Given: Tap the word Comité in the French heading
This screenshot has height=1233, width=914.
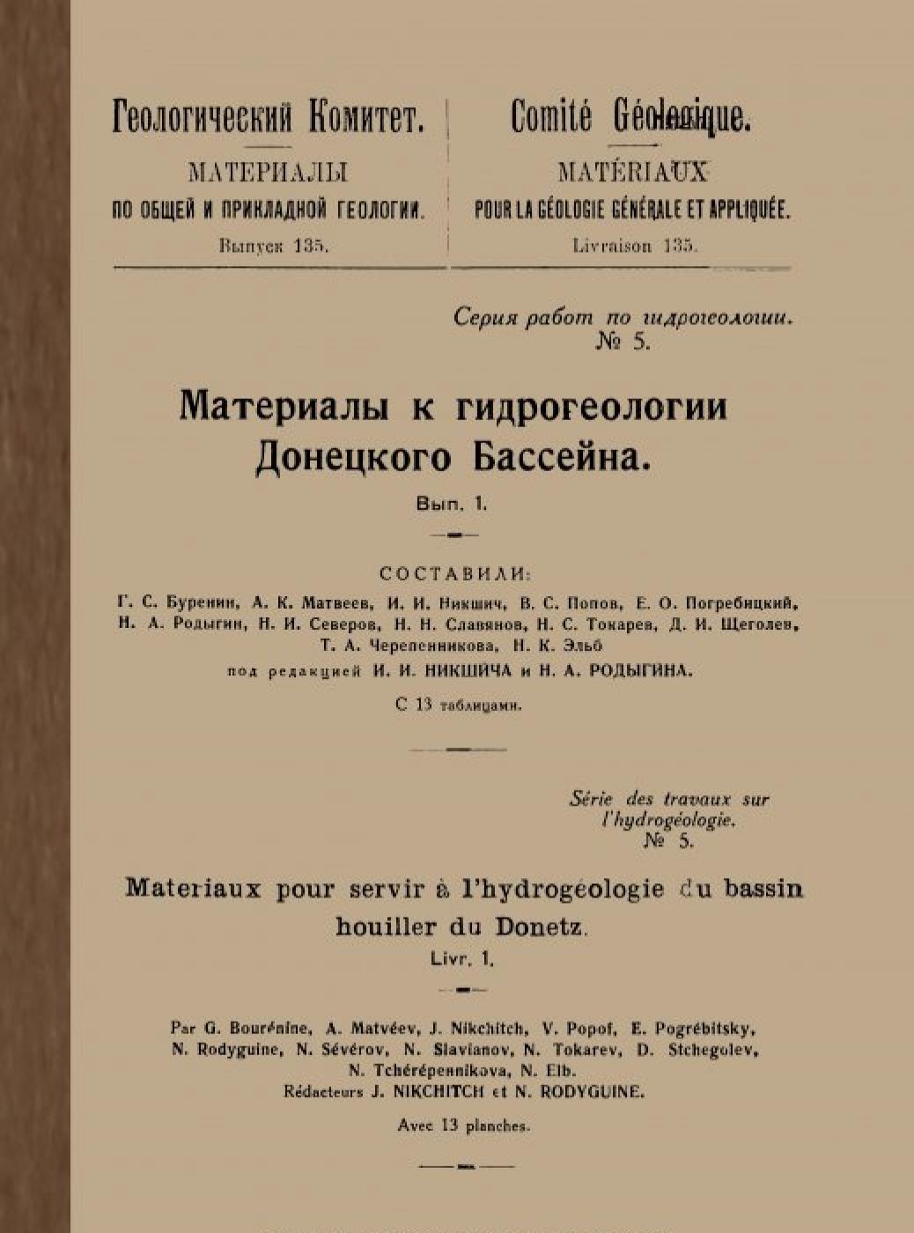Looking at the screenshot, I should pyautogui.click(x=550, y=117).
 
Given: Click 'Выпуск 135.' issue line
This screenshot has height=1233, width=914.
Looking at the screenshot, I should pyautogui.click(x=274, y=247).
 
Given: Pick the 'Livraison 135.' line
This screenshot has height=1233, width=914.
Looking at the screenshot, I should pyautogui.click(x=635, y=247).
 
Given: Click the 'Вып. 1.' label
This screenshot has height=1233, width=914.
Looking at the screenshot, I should pyautogui.click(x=452, y=505).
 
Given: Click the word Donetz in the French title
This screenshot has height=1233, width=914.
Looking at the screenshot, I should pyautogui.click(x=541, y=927).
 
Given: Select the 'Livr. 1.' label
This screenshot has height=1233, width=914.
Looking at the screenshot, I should pyautogui.click(x=462, y=959).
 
